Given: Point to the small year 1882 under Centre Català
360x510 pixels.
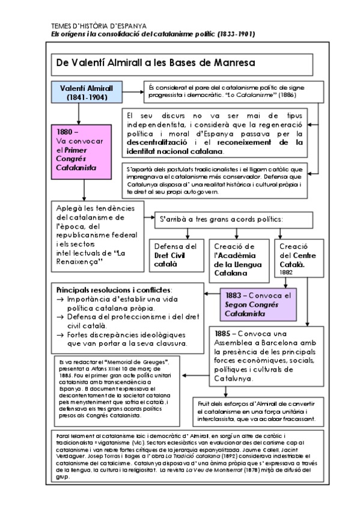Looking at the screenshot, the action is (x=285, y=273).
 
